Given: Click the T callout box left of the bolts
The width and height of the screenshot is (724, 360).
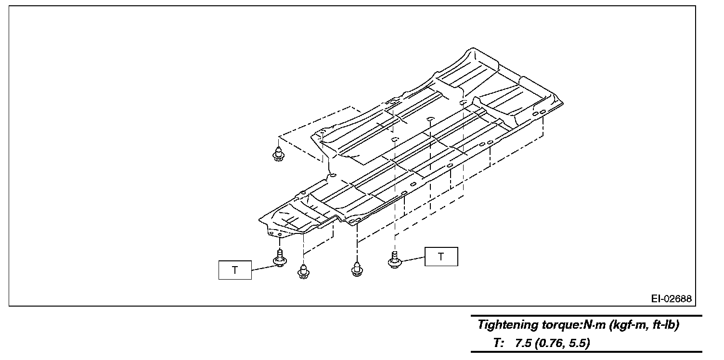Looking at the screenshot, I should [x=235, y=270].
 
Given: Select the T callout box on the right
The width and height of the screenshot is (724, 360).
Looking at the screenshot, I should [x=441, y=257].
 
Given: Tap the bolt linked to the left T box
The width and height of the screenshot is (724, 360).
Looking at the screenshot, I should [x=280, y=258].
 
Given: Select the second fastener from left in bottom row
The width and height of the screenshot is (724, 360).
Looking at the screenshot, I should [x=303, y=271].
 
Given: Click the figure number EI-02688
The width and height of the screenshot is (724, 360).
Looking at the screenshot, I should [x=671, y=299].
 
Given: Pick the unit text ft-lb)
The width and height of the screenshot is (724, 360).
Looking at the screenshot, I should [x=666, y=325].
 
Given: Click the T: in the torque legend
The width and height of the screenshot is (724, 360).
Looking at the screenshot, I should [x=498, y=343].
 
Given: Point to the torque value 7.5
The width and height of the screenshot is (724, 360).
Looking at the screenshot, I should [x=523, y=343].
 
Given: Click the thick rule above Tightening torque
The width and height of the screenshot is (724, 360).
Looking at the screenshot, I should [x=586, y=316].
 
